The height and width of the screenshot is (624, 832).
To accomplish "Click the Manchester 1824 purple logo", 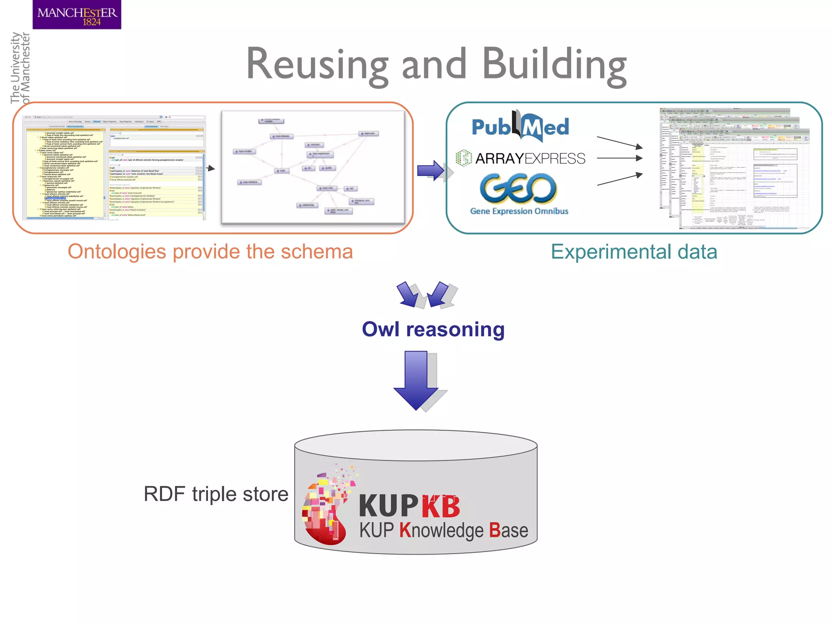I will (77, 15).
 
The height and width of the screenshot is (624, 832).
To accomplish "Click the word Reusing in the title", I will (317, 64).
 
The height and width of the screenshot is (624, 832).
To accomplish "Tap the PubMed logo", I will (520, 127).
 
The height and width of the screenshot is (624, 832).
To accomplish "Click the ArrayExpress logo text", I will (530, 158).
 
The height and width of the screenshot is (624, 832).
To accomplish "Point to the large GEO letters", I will (518, 188).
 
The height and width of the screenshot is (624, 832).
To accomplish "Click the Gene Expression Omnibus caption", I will (519, 211).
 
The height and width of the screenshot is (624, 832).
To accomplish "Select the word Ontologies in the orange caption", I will (117, 251).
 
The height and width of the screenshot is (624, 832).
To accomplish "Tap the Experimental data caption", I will (634, 251).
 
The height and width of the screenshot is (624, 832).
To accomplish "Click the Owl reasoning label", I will (433, 329).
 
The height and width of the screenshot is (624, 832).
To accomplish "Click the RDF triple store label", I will (216, 494).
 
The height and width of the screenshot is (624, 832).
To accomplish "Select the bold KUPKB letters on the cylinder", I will (409, 506).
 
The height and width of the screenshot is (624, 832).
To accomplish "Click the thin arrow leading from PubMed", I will (620, 142).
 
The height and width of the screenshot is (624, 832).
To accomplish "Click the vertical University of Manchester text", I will (20, 68).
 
